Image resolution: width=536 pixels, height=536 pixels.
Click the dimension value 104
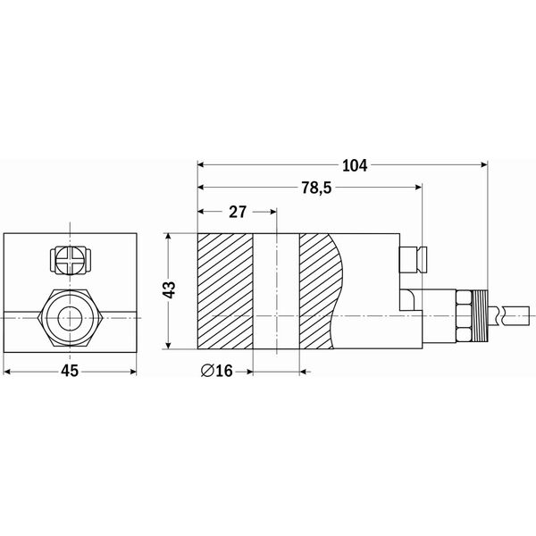coord(355,165)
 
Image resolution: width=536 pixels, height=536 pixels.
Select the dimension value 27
coord(238,212)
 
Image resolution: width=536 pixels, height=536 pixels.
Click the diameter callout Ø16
coord(217,371)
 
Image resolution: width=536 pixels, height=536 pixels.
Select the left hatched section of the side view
coord(225,291)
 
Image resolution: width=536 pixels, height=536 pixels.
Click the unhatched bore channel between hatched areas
coord(276,291)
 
